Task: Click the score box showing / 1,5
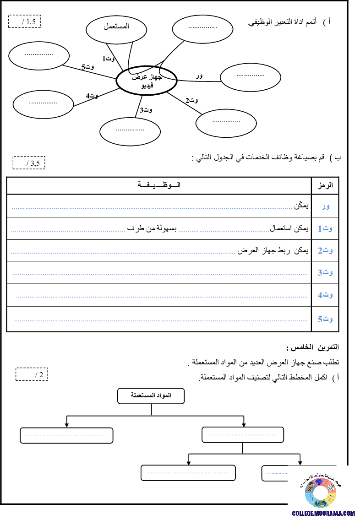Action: coord(25,22)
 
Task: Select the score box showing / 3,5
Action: coord(29,162)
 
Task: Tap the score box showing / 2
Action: coord(32,374)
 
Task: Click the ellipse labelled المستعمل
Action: coord(116,29)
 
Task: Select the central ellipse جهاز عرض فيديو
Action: coord(147,81)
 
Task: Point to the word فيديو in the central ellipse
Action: coord(147,85)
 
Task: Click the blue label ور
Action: coord(325,207)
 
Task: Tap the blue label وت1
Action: coord(325,228)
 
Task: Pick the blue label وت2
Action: coord(325,251)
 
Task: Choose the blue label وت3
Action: coord(325,273)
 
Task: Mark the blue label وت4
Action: coord(325,295)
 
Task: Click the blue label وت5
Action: coord(325,320)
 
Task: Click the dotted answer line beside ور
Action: coord(152,208)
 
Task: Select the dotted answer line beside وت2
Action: coord(123,253)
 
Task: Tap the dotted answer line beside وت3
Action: coord(160,275)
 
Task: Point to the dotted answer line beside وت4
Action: coord(162,297)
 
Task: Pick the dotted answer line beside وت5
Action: coord(161,321)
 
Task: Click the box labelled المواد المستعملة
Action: coord(151,396)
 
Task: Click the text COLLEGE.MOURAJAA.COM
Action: coord(324,514)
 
